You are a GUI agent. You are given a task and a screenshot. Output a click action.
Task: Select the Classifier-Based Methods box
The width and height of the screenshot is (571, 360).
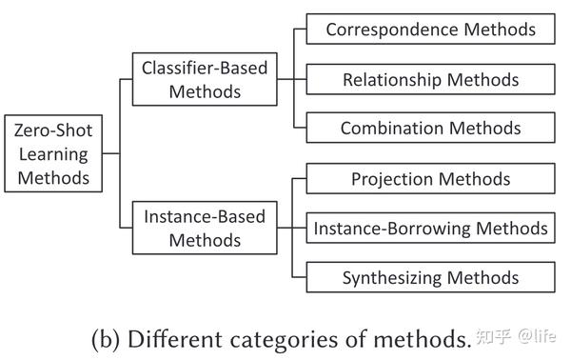(x=205, y=80)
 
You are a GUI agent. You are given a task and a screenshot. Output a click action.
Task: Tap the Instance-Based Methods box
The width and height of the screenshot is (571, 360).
(x=205, y=228)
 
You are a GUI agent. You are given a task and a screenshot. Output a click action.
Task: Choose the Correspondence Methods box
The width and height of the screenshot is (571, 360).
(x=430, y=30)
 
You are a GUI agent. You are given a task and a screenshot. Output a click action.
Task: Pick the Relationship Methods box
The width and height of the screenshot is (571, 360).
(x=430, y=79)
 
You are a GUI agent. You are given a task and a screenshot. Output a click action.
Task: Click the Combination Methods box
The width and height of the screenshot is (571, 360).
(x=430, y=129)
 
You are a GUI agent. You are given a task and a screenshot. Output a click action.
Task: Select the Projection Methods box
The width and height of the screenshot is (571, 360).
(x=430, y=179)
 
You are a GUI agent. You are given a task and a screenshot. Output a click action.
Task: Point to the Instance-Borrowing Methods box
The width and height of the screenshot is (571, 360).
(x=430, y=229)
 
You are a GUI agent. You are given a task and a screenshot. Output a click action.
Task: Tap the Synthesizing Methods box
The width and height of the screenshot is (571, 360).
(x=430, y=278)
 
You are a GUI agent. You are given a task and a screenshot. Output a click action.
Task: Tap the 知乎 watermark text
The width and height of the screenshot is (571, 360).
(x=496, y=337)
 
